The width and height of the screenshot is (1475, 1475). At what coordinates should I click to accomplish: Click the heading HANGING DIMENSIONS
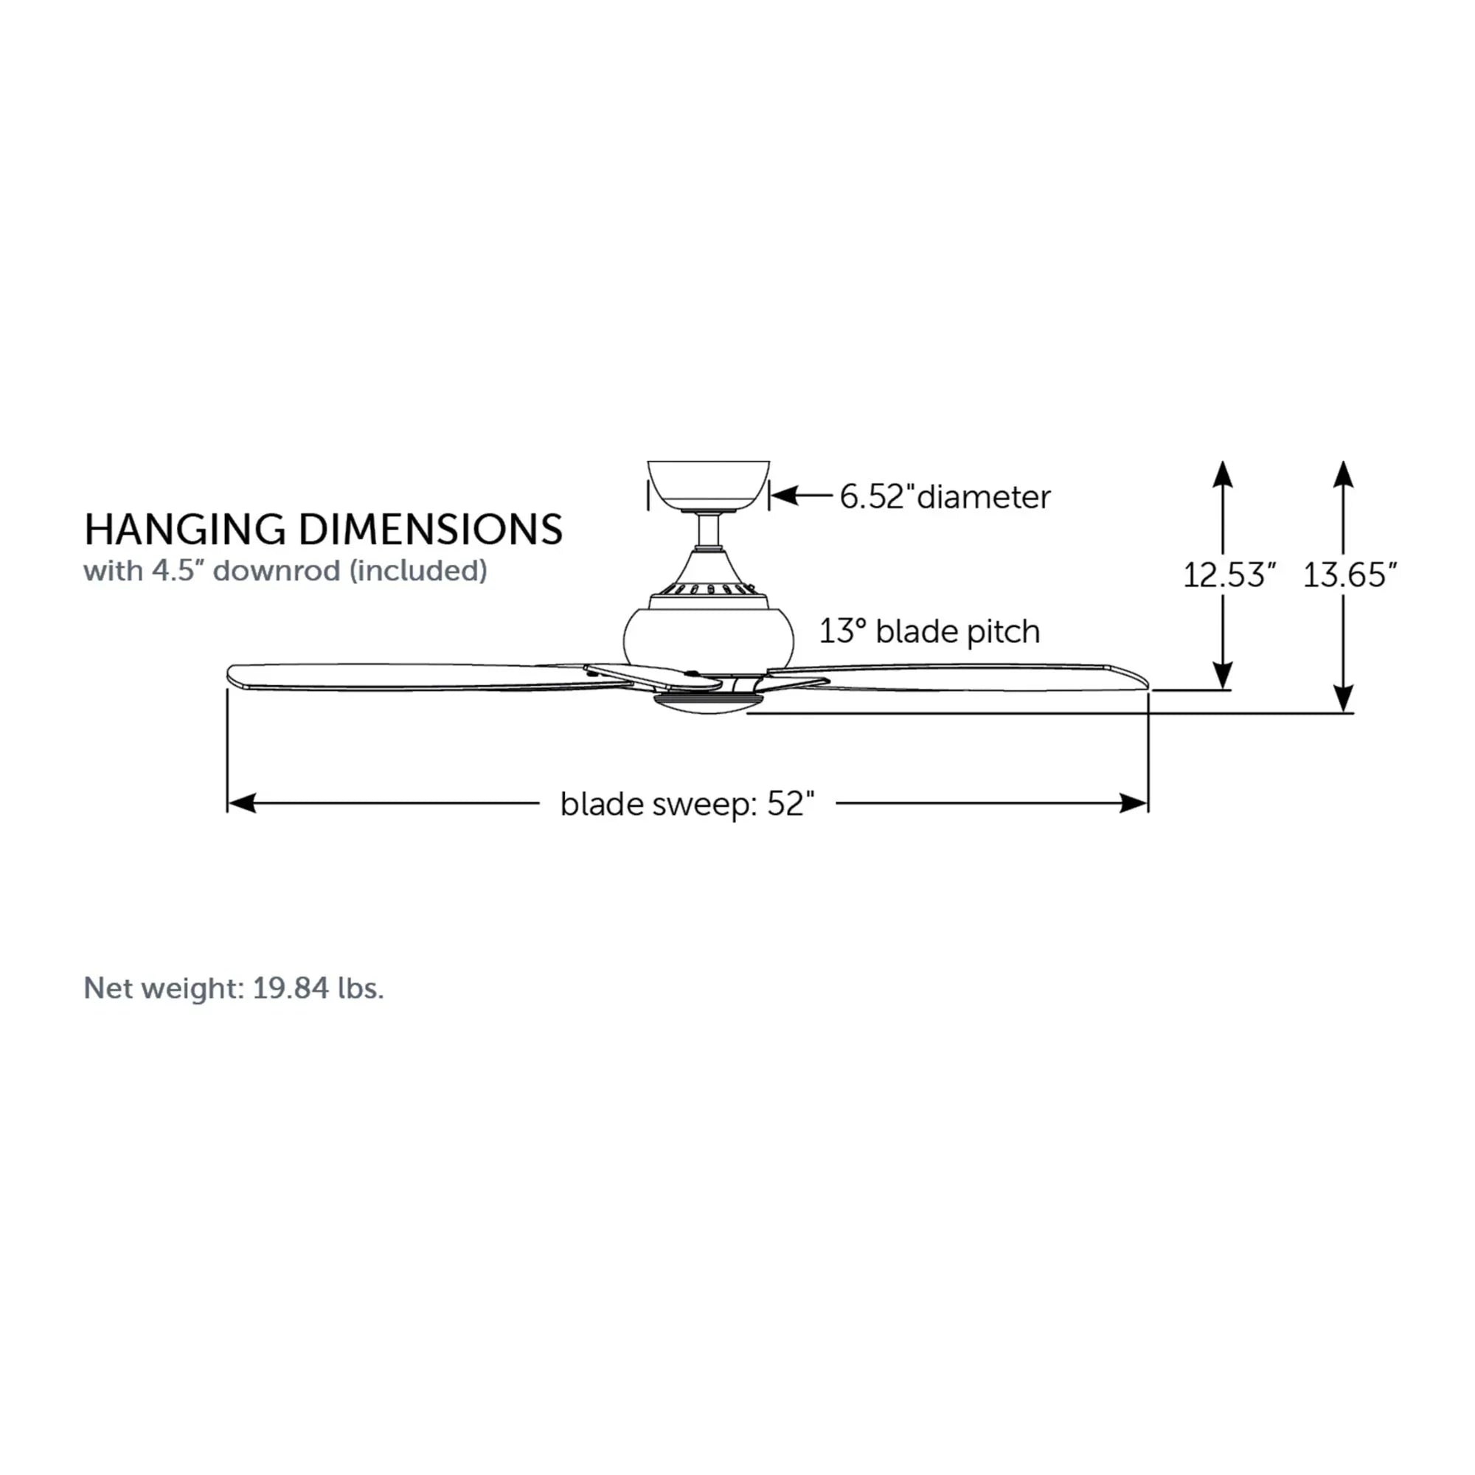323,529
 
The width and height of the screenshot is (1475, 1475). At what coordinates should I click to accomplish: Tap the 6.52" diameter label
945,497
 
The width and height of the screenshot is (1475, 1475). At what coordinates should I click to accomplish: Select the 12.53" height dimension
1229,575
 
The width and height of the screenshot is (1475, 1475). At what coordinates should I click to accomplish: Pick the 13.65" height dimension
1350,575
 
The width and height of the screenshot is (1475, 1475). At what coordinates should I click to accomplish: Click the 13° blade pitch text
929,631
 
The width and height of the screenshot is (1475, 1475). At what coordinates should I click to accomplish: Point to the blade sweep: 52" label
687,804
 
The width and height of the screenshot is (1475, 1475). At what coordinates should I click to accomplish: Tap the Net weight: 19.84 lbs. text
234,988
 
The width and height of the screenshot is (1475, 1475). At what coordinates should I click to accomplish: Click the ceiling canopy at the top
708,485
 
